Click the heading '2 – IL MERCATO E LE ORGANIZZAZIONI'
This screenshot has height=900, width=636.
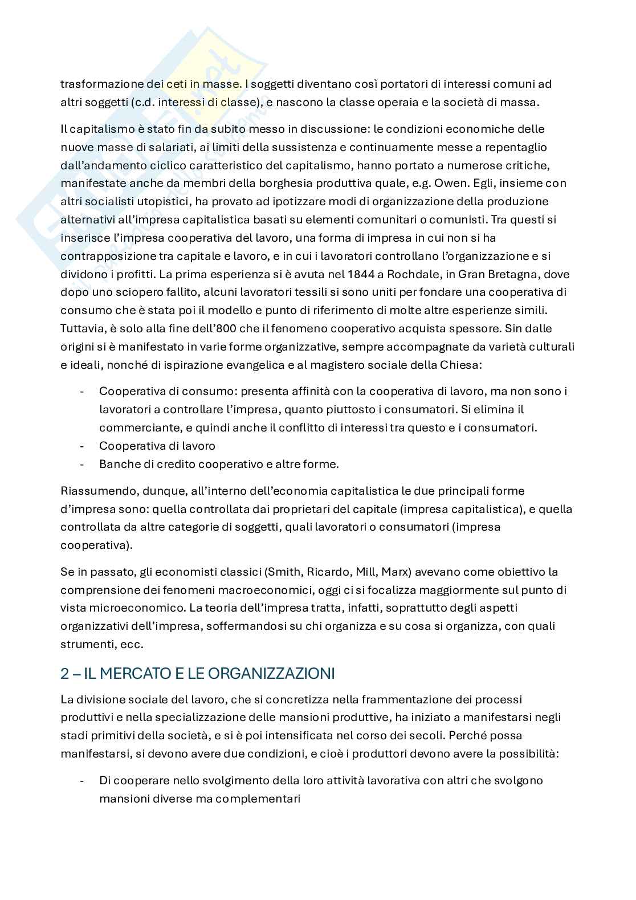pyautogui.click(x=197, y=673)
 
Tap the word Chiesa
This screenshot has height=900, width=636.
pyautogui.click(x=464, y=365)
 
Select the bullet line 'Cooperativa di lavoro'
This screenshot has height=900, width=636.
pyautogui.click(x=157, y=446)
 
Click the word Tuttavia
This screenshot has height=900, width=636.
pyautogui.click(x=82, y=328)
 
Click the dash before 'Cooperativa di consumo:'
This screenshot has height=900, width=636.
pyautogui.click(x=83, y=391)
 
